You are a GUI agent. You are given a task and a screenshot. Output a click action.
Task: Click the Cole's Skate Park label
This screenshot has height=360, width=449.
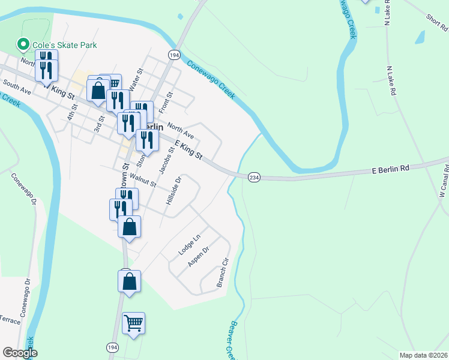point(65,45)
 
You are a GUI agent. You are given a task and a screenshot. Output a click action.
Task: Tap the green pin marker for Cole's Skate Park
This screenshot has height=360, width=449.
point(23,44)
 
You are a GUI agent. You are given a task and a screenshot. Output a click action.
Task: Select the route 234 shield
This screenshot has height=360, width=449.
point(254,177)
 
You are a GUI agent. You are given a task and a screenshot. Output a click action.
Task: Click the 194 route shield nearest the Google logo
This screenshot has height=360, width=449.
point(112,347)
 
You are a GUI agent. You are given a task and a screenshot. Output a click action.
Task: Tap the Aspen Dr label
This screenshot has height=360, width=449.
point(198,257)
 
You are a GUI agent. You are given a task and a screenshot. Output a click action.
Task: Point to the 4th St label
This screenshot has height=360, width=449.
point(73,112)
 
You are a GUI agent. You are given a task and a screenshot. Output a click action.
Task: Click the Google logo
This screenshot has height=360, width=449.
point(20,353)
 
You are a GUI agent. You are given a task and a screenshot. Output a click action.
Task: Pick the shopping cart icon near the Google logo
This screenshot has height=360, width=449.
point(133,323)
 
